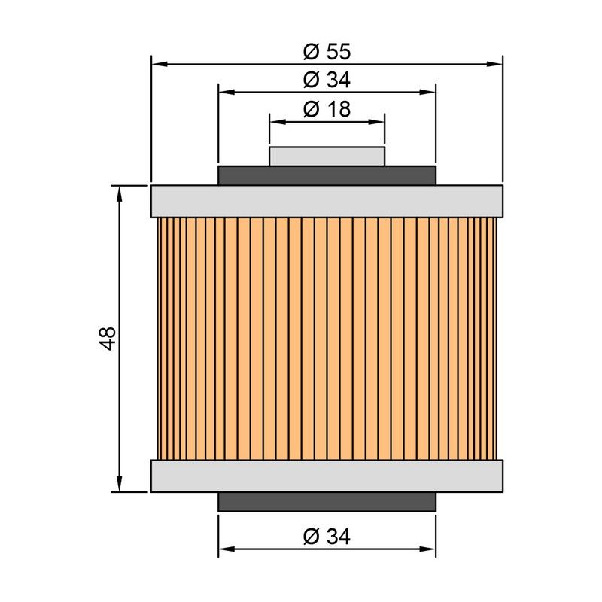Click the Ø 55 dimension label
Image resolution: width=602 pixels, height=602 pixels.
coord(327,51)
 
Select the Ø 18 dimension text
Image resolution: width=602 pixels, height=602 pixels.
coord(327,109)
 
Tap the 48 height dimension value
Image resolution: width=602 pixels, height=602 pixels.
coord(108,338)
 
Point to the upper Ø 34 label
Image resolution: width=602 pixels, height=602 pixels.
coord(327,80)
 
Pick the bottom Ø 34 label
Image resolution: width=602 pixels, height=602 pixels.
coord(327,537)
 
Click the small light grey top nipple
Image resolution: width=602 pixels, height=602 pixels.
coord(327,157)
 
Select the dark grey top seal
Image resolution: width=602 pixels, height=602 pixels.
coord(327,176)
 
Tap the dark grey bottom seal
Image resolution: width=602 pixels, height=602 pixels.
coord(327,501)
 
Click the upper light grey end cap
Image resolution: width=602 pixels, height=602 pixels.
coord(327,202)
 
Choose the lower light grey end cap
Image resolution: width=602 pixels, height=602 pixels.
coord(327,476)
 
